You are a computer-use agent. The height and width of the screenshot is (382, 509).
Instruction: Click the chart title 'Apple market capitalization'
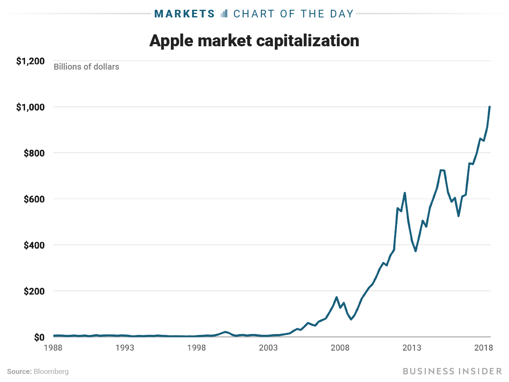[254, 41]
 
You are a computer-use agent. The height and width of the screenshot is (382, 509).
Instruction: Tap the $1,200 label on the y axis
[30, 61]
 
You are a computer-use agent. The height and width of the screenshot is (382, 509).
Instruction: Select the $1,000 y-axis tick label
[30, 107]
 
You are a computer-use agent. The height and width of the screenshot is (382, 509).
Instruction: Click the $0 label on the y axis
[39, 337]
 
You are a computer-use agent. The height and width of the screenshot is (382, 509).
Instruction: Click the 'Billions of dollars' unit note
[86, 67]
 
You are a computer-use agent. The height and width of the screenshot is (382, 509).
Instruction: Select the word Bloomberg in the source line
[51, 371]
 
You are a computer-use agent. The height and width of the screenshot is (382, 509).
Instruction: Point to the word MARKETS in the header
[185, 14]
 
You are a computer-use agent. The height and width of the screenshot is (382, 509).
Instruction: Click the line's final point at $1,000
[489, 107]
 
